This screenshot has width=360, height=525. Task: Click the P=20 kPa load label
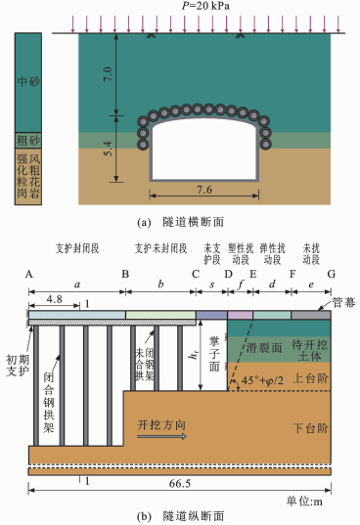click(x=205, y=6)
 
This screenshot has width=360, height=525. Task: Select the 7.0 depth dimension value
click(x=108, y=74)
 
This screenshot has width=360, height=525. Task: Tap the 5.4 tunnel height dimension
click(x=108, y=149)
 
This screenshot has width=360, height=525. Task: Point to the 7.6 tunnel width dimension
click(x=204, y=190)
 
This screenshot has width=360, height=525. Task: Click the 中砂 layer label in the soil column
click(x=28, y=81)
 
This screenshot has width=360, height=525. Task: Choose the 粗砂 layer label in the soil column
click(x=28, y=140)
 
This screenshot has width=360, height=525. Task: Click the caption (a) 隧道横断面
click(x=181, y=222)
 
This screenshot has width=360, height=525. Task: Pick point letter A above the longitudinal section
click(x=28, y=274)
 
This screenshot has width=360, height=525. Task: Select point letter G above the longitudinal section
click(x=331, y=274)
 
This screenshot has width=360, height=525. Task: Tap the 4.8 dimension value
click(x=54, y=299)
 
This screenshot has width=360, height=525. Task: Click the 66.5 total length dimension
click(x=180, y=484)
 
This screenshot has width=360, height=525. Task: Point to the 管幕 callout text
click(x=344, y=303)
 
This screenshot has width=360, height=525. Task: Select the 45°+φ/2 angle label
click(x=262, y=380)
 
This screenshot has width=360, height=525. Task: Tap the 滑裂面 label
click(x=264, y=348)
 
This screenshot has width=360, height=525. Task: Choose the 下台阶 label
click(x=310, y=428)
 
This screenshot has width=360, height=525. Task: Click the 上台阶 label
click(x=310, y=378)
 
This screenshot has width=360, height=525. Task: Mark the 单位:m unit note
click(x=304, y=502)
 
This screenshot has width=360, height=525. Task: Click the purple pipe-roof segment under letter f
click(x=241, y=315)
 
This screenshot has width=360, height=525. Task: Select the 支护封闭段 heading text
click(x=77, y=248)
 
